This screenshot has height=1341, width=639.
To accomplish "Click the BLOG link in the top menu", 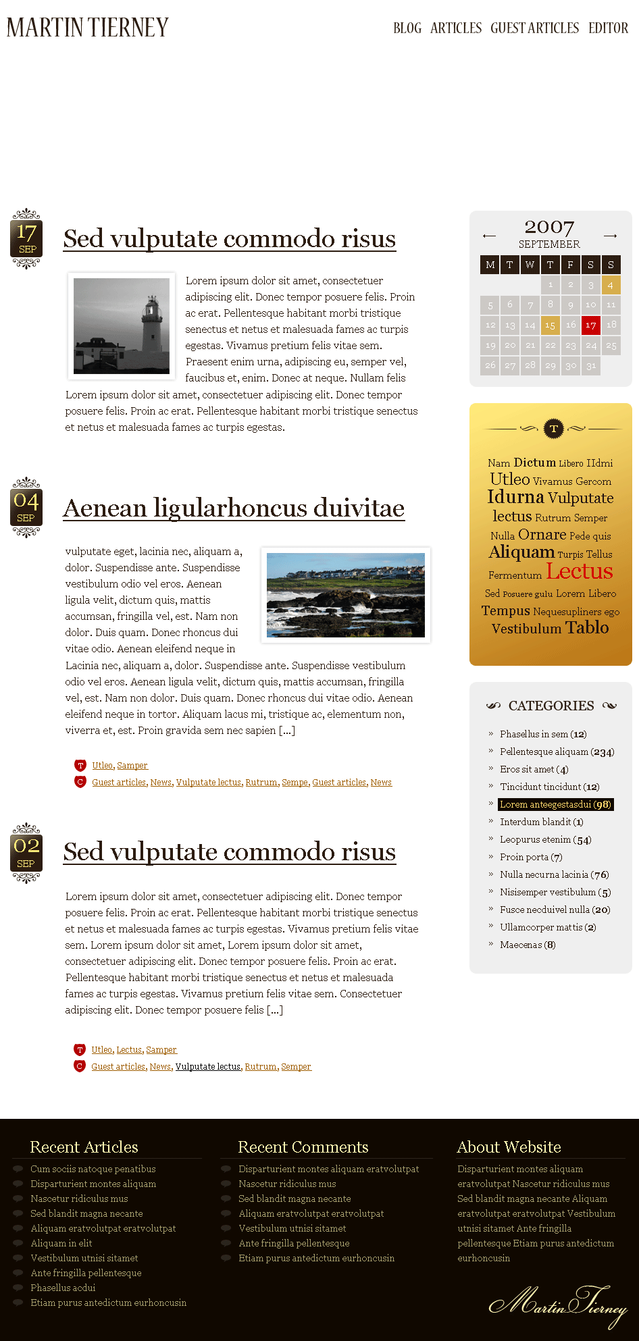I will click(x=407, y=28).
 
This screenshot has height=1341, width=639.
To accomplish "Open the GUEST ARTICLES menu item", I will click(x=534, y=28).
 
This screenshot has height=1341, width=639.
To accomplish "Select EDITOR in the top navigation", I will click(x=608, y=28).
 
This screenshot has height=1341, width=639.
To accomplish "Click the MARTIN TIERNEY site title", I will click(x=88, y=28).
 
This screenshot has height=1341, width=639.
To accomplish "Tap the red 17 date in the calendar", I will click(x=591, y=325).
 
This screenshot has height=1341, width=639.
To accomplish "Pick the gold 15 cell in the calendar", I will click(x=551, y=325).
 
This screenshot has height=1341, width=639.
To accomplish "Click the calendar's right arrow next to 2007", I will click(x=611, y=236).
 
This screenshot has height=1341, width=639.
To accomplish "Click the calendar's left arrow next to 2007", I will click(x=489, y=236).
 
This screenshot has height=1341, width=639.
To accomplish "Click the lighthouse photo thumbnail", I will click(x=122, y=325).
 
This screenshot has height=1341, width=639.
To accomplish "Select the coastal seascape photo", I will click(x=346, y=595).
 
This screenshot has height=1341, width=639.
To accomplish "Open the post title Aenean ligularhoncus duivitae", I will click(x=234, y=508).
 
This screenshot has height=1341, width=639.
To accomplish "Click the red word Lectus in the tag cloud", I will click(x=580, y=571).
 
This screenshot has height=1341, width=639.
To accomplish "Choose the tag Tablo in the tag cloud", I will click(x=587, y=627).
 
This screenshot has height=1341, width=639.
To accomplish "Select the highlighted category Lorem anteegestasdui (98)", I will click(x=555, y=804).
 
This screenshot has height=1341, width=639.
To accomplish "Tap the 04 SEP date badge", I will click(x=26, y=507).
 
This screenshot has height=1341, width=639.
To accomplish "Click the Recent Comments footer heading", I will click(x=303, y=1147).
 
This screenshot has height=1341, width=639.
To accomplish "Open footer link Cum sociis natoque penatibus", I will click(x=93, y=1169).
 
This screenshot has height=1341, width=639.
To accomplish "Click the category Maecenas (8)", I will click(x=528, y=945).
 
